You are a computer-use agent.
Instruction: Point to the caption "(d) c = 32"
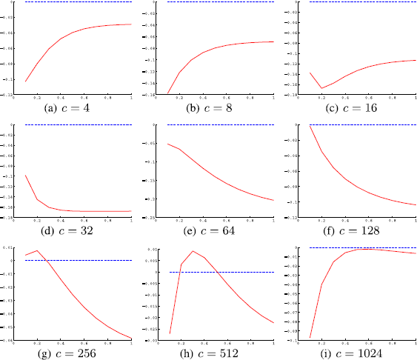pyautogui.click(x=69, y=231)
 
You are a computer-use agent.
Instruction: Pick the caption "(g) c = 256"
pyautogui.click(x=69, y=353)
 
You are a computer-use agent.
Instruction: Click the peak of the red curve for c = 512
pyautogui.click(x=193, y=251)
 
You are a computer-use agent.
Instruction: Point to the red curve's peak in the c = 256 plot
pyautogui.click(x=37, y=250)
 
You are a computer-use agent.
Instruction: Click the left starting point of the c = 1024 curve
pyautogui.click(x=310, y=338)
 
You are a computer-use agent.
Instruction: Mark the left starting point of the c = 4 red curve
pyautogui.click(x=25, y=81)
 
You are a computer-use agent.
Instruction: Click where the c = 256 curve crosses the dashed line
pyautogui.click(x=47, y=260)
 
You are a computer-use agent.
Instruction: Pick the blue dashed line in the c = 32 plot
pyautogui.click(x=78, y=124)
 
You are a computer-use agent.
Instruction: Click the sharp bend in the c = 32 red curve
pyautogui.click(x=37, y=199)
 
